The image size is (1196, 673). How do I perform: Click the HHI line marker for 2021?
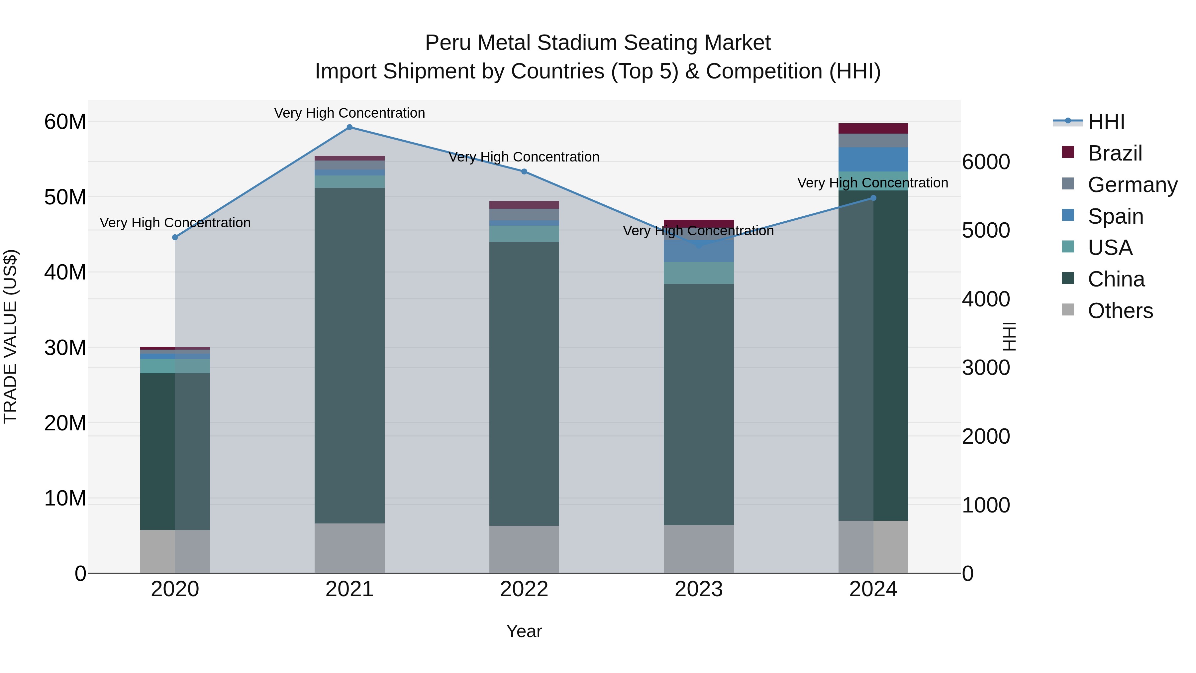pos(349,127)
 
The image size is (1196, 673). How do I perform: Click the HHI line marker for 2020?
pos(175,237)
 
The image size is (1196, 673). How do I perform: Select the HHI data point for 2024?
pos(873,198)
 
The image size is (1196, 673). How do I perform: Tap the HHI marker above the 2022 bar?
pos(524,171)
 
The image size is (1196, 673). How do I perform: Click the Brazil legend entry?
pos(1114,153)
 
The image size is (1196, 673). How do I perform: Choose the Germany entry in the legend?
pos(1132,185)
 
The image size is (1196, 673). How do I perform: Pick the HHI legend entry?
pos(1106,122)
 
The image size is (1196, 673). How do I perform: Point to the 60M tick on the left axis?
pos(65,122)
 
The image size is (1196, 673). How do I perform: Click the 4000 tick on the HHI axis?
pos(986,299)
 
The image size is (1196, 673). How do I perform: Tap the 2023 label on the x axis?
pos(699,589)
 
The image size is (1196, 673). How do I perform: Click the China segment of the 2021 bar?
pos(349,355)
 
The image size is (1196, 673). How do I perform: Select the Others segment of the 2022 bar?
pos(524,549)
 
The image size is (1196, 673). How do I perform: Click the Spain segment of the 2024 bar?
pos(873,159)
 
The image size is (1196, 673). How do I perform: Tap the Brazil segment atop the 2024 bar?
pos(873,129)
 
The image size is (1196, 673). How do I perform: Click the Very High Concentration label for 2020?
pos(175,223)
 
